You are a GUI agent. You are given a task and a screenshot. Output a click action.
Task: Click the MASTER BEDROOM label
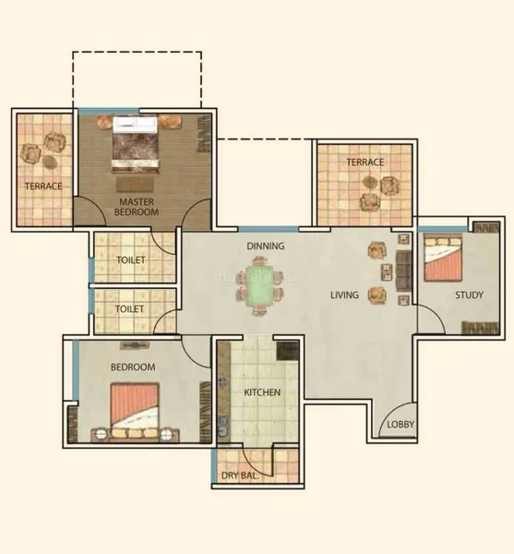137,207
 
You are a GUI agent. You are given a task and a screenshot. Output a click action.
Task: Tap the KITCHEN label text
262,392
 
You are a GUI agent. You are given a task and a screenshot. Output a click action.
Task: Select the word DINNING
266,246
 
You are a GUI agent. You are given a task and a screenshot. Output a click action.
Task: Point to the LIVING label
344,295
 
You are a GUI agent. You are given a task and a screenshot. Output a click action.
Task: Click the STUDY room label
469,295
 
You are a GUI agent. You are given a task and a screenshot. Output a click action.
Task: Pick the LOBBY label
400,425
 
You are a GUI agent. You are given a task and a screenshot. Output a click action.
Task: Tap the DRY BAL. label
240,476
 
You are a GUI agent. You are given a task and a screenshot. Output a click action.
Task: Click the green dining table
259,286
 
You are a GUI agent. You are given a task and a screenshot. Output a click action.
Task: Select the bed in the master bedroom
135,143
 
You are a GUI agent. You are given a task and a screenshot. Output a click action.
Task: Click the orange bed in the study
443,258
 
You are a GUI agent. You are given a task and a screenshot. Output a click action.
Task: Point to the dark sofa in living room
403,271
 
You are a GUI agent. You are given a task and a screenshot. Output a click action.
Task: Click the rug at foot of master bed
136,184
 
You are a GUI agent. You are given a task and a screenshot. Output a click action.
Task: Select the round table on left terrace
50,162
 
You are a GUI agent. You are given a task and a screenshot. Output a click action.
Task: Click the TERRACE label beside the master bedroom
43,187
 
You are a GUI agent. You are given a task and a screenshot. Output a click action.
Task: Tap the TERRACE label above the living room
365,163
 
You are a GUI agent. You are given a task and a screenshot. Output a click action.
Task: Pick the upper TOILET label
131,260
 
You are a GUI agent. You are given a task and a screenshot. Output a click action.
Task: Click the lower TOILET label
129,309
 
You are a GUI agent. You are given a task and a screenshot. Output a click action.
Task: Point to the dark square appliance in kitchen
288,350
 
